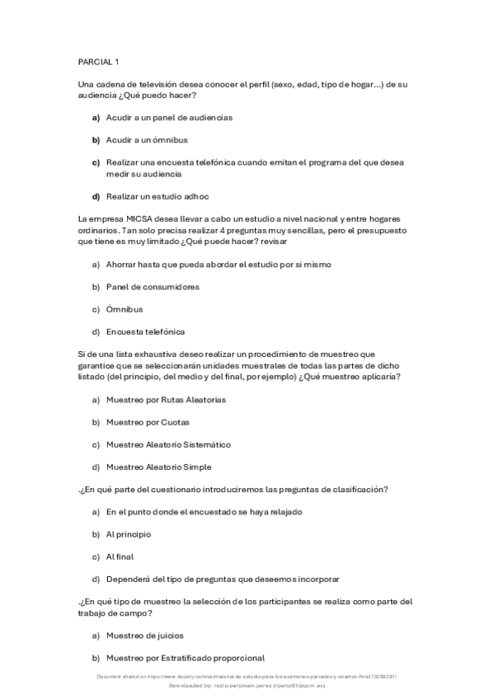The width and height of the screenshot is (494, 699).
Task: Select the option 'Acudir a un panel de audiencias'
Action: click(x=169, y=117)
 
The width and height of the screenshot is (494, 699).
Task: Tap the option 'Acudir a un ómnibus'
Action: click(x=147, y=140)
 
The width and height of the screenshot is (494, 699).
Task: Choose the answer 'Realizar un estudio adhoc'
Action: click(x=158, y=196)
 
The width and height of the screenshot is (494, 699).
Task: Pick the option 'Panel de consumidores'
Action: click(x=153, y=286)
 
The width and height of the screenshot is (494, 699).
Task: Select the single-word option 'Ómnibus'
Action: click(x=125, y=309)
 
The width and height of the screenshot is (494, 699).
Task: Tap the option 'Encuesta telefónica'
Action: click(x=145, y=331)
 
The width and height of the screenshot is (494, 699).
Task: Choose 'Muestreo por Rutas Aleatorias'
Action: click(x=166, y=399)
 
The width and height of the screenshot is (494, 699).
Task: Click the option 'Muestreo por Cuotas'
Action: click(x=148, y=421)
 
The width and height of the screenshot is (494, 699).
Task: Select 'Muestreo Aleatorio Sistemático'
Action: click(x=168, y=444)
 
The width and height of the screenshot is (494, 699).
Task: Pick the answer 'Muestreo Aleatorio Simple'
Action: click(x=159, y=467)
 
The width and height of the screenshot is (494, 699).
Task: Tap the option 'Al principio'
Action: click(x=129, y=534)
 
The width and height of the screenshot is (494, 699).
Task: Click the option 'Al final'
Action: click(x=120, y=556)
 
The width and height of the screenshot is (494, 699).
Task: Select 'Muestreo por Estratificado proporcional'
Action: click(x=185, y=658)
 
